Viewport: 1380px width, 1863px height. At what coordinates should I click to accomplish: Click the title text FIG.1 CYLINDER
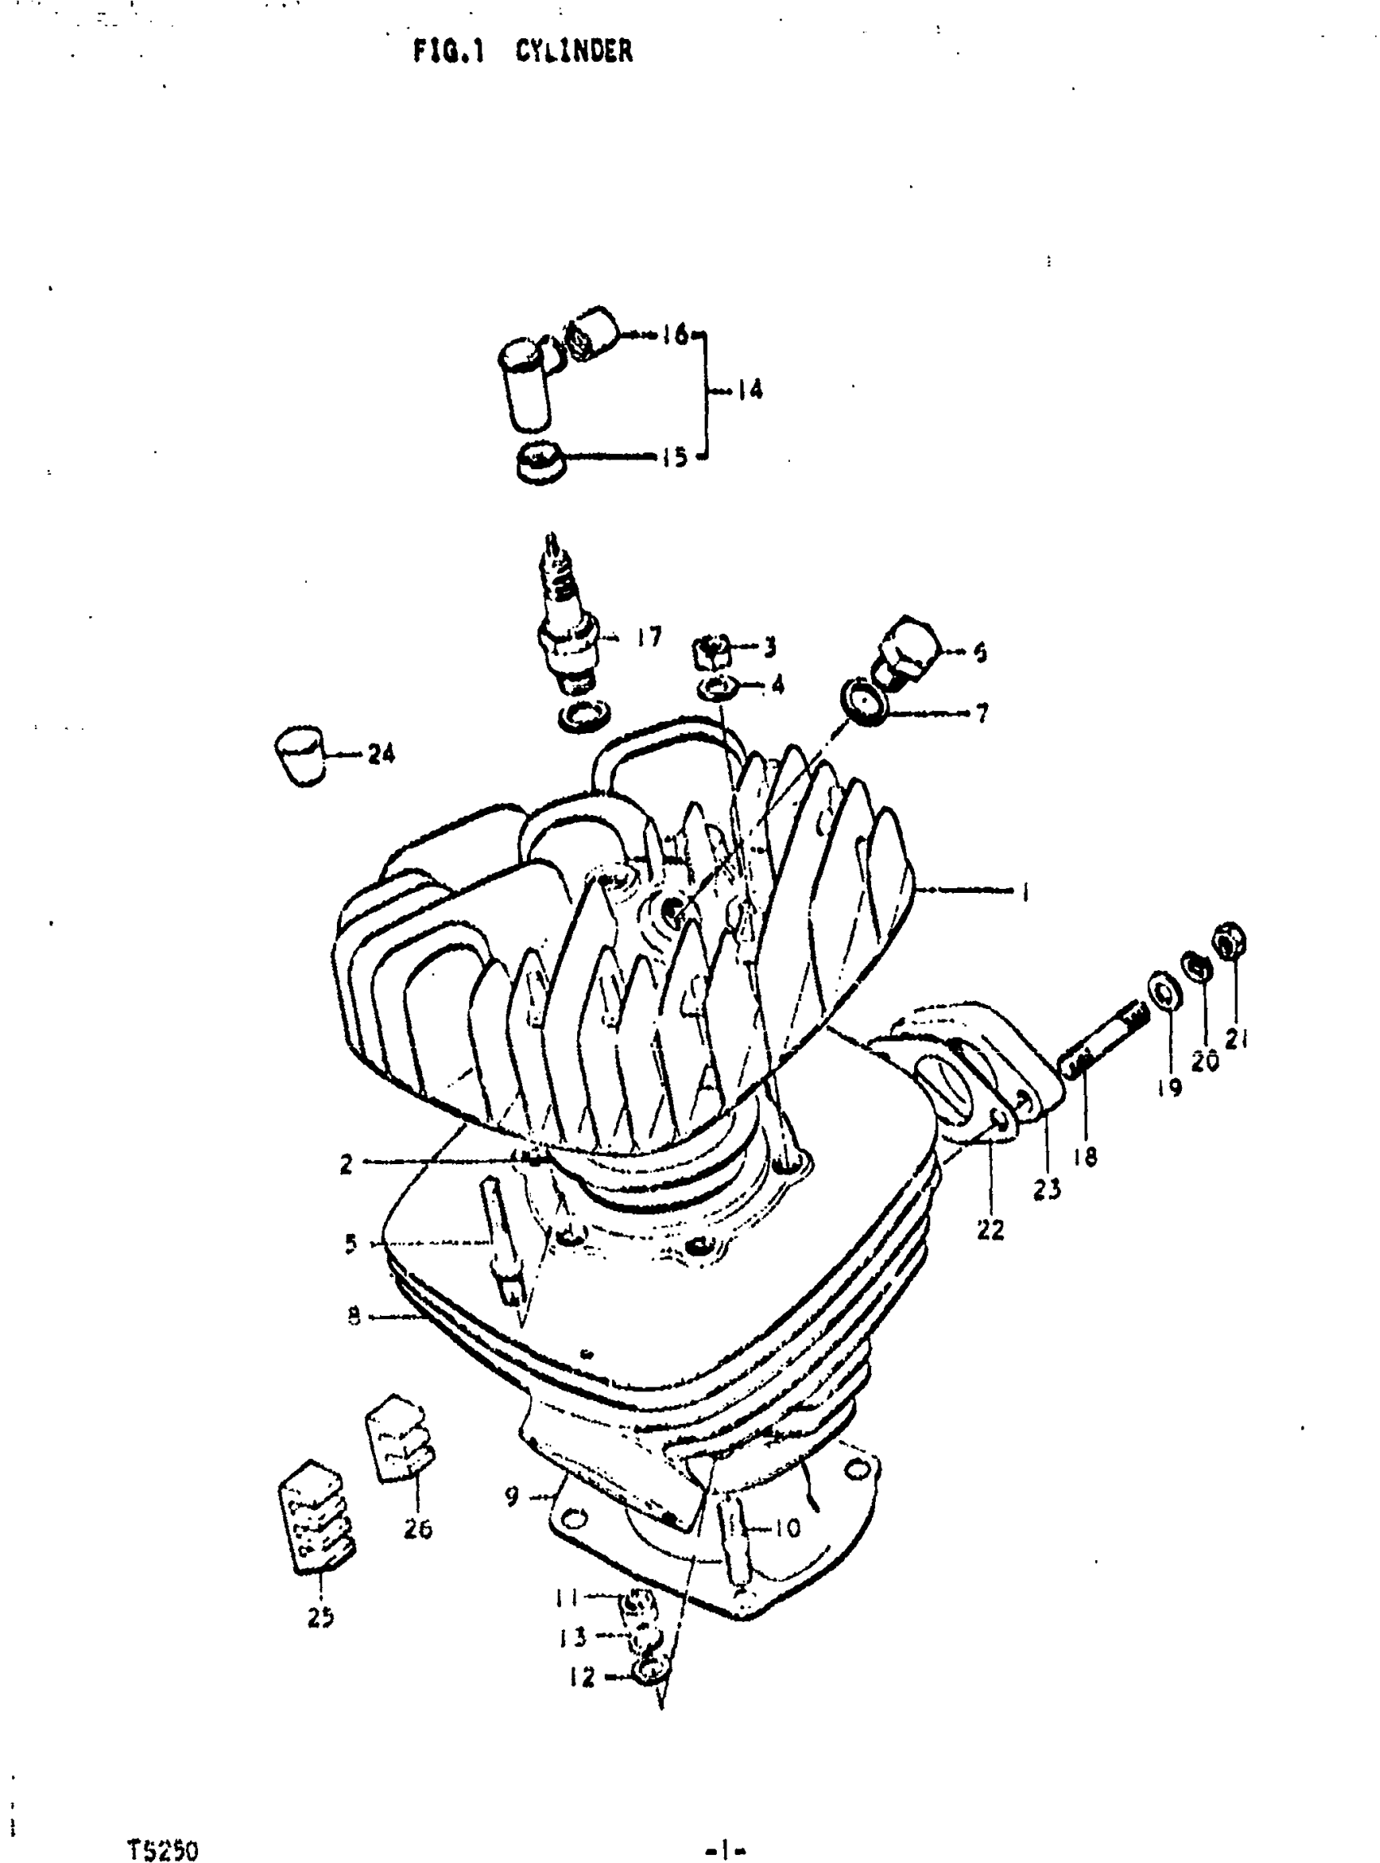[x=523, y=52]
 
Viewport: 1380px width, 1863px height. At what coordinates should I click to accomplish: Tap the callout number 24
[x=381, y=754]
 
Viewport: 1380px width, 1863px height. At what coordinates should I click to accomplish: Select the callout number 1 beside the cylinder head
[x=1025, y=892]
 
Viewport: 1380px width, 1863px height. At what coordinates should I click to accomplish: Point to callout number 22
[x=990, y=1229]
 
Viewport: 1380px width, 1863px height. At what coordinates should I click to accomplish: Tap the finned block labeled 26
[x=399, y=1438]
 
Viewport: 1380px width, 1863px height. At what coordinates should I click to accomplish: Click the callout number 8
[x=354, y=1317]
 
